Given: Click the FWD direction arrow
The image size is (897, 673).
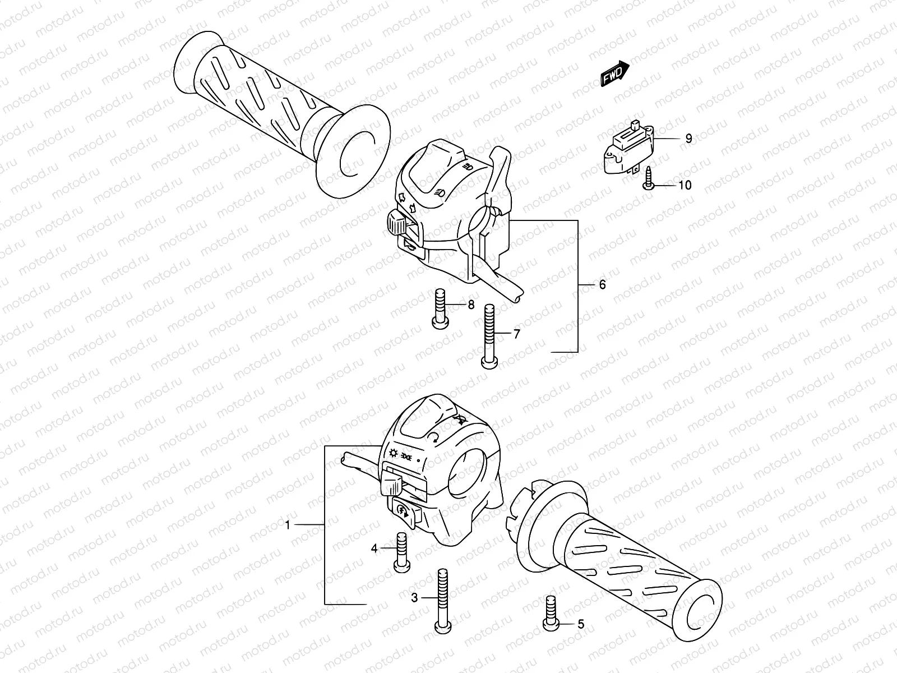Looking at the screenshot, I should click(615, 75).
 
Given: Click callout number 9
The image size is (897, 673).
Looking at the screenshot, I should click(688, 139).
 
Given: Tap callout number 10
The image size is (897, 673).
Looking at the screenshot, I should click(685, 185).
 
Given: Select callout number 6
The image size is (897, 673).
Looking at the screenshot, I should click(602, 285).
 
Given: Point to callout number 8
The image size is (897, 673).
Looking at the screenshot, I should click(471, 305).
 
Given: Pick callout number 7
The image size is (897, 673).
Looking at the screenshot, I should click(516, 335).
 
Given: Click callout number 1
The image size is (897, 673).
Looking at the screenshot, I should click(288, 526).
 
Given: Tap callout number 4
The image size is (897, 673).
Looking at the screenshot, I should click(374, 548).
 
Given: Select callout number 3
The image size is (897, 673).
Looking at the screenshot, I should click(414, 598).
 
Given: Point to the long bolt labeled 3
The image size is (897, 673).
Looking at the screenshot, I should click(442, 600).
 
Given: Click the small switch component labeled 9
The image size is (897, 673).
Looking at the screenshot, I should click(632, 147).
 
